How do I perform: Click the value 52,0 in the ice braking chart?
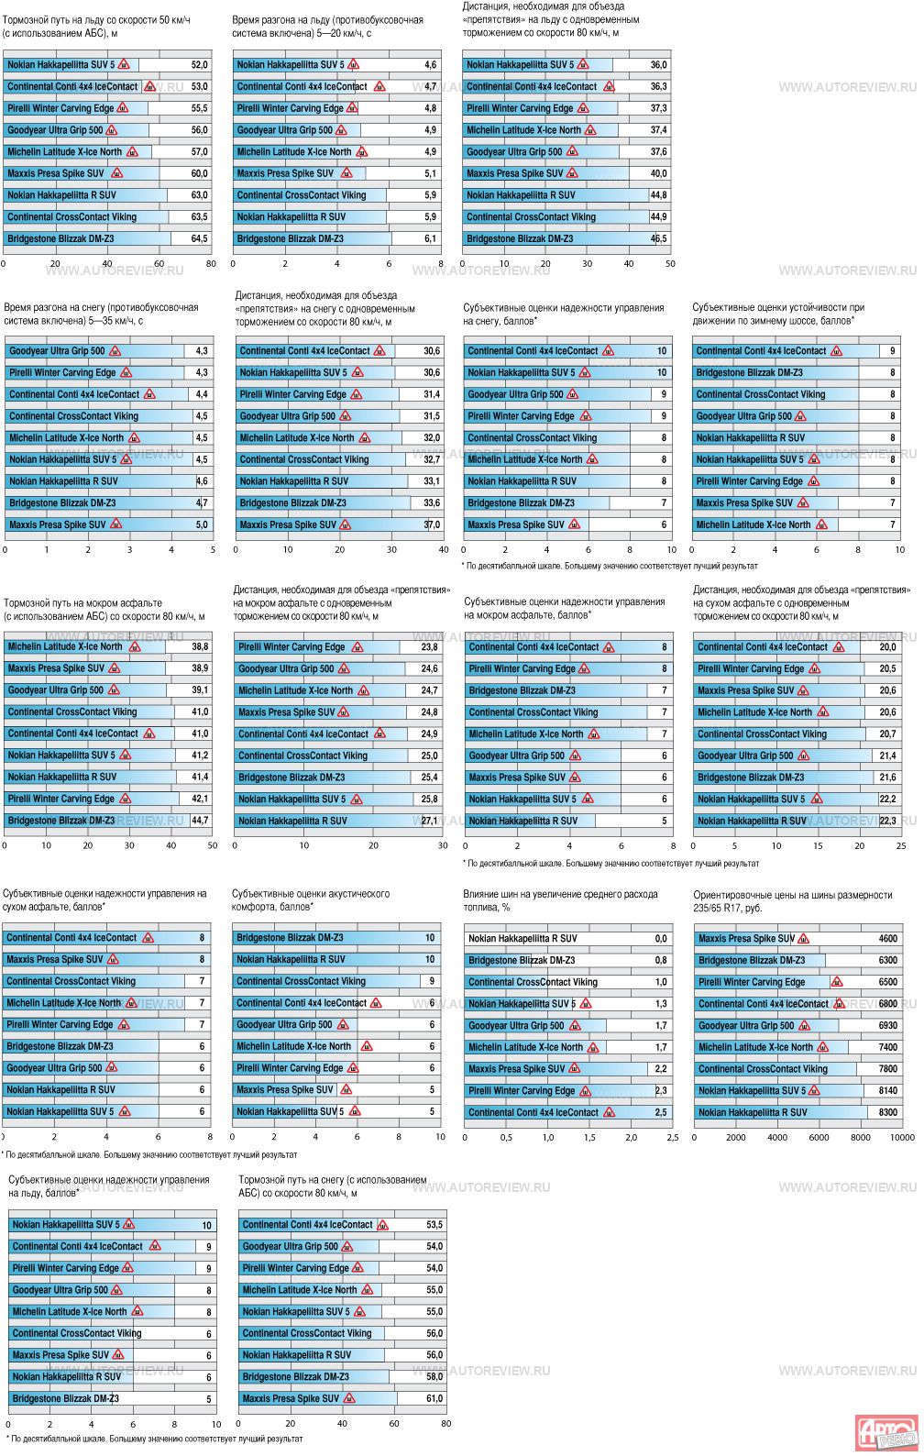pyautogui.click(x=199, y=65)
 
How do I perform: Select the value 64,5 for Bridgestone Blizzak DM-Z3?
pyautogui.click(x=199, y=238)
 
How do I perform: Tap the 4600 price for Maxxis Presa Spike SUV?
pyautogui.click(x=887, y=939)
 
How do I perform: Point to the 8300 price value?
pyautogui.click(x=887, y=1112)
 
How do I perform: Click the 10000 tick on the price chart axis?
pyautogui.click(x=902, y=1137)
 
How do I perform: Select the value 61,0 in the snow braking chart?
pyautogui.click(x=434, y=1398)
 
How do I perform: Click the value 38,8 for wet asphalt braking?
pyautogui.click(x=200, y=646)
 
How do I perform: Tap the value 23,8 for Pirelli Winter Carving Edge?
pyautogui.click(x=429, y=647)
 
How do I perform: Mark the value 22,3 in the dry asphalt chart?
pyautogui.click(x=887, y=821)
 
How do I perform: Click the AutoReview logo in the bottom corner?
pyautogui.click(x=885, y=1432)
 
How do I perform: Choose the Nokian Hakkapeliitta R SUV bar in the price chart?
pyautogui.click(x=780, y=1112)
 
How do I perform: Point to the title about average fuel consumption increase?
pyautogui.click(x=560, y=900)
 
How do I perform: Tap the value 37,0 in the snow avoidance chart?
pyautogui.click(x=432, y=524)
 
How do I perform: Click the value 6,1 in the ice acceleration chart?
pyautogui.click(x=430, y=238)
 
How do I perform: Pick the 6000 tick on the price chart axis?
pyautogui.click(x=819, y=1137)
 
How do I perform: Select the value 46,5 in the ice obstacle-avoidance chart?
pyautogui.click(x=658, y=238)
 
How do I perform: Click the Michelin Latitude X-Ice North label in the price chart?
pyautogui.click(x=755, y=1047)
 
